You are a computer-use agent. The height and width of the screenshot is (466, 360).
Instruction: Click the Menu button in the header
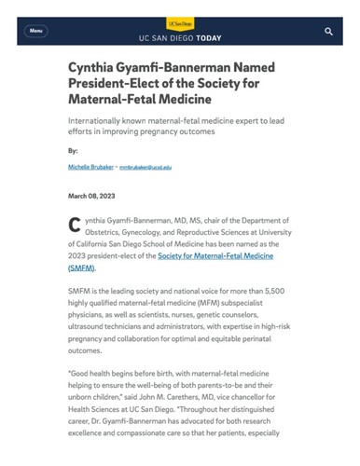(36, 31)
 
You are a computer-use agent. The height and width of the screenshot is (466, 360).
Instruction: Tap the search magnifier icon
(328, 32)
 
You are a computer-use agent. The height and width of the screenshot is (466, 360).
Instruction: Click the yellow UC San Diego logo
(180, 21)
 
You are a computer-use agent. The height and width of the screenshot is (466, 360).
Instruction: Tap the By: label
(74, 149)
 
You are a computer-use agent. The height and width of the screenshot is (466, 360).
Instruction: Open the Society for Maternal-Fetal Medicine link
(221, 254)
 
